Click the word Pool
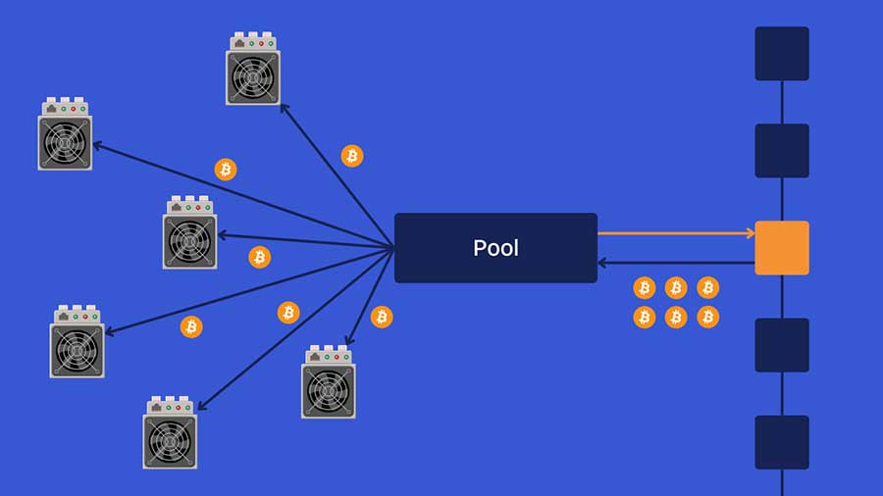(495, 248)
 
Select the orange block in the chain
(782, 248)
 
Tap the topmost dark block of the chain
(782, 54)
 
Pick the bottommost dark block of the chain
(782, 442)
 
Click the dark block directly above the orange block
(782, 151)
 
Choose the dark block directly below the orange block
(782, 345)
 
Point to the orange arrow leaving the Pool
(676, 233)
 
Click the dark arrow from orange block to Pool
(676, 263)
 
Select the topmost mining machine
(253, 68)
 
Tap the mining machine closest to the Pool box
(329, 382)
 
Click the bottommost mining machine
(170, 432)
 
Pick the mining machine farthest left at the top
(65, 133)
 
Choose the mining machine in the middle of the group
(189, 232)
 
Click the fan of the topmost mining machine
(253, 77)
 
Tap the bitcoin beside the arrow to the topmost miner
(352, 156)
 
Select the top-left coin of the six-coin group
(645, 288)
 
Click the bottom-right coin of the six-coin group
(707, 318)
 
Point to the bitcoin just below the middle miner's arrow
(260, 257)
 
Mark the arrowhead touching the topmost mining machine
(285, 109)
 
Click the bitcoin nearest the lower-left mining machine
(191, 326)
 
